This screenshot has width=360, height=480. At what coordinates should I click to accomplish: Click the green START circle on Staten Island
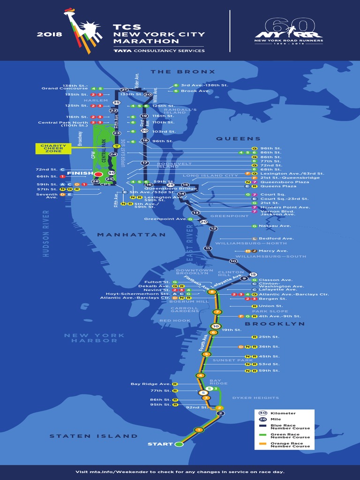coord(179,444)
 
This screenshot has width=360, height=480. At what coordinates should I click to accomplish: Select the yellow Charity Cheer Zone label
coord(53,149)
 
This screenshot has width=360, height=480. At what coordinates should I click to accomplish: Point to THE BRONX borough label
coord(183,72)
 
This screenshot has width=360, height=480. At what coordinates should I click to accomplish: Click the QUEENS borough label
coord(238,139)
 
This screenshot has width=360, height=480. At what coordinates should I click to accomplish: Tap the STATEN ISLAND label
coord(94,436)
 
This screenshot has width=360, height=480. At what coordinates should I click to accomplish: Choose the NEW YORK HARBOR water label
coord(95,338)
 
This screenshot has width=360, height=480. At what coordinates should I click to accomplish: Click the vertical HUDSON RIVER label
coord(46,233)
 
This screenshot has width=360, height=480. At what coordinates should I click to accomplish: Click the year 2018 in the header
coord(49,35)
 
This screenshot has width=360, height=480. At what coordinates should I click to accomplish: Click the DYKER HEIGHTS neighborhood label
coord(255,398)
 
